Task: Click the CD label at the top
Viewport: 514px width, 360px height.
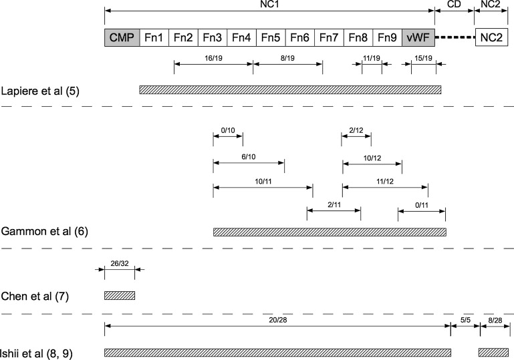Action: click(454, 4)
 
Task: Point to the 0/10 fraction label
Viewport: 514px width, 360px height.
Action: click(228, 130)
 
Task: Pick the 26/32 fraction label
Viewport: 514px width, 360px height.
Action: click(120, 263)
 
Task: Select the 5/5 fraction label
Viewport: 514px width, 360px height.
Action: click(465, 320)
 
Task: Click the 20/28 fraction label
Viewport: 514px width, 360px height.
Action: click(277, 320)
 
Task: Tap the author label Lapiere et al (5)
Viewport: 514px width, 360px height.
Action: click(41, 90)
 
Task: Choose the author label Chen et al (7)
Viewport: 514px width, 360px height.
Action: click(35, 295)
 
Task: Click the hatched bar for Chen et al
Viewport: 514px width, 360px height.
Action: click(120, 295)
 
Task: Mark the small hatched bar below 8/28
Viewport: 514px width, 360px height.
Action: click(493, 351)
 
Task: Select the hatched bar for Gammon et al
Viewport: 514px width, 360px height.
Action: click(330, 232)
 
